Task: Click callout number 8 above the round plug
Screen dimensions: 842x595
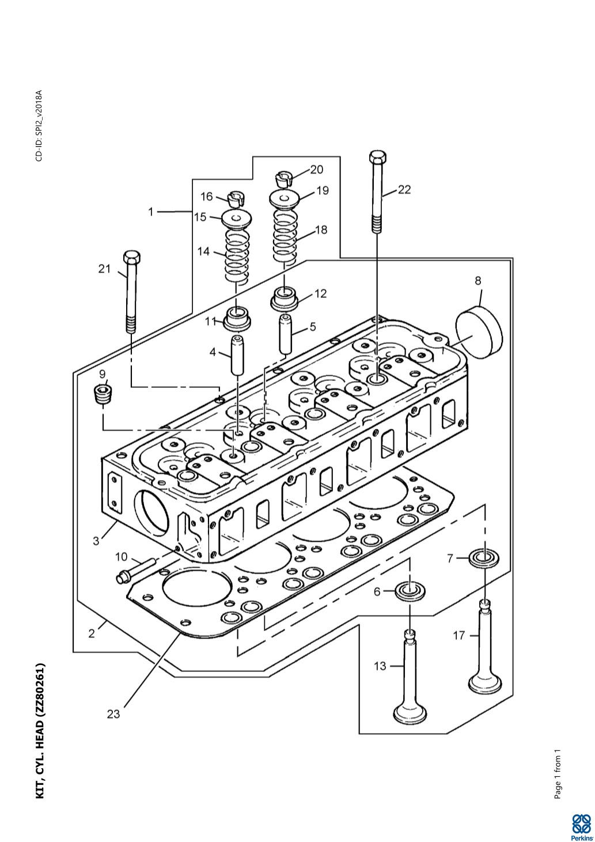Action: [x=478, y=281]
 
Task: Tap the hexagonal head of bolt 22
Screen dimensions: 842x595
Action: [x=377, y=157]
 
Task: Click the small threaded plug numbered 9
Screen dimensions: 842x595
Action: [x=103, y=396]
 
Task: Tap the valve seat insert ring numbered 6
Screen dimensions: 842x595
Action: [x=410, y=591]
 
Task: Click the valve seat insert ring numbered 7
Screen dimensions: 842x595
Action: [x=485, y=557]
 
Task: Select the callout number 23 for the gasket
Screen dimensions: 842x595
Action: [x=113, y=714]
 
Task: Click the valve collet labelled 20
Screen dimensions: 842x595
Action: [x=284, y=179]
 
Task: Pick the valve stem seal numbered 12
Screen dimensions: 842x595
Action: [x=285, y=299]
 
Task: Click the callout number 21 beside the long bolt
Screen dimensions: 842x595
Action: [x=104, y=269]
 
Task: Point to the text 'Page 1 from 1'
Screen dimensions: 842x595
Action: [x=558, y=775]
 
